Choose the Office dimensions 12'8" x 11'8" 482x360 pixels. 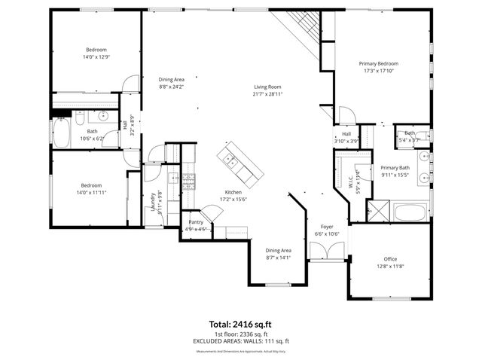(x=389, y=266)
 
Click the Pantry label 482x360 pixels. (x=196, y=222)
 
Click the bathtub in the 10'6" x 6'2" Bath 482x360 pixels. (x=61, y=133)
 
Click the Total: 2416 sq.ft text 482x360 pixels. (x=240, y=325)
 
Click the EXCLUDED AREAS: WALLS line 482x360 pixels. (x=240, y=341)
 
